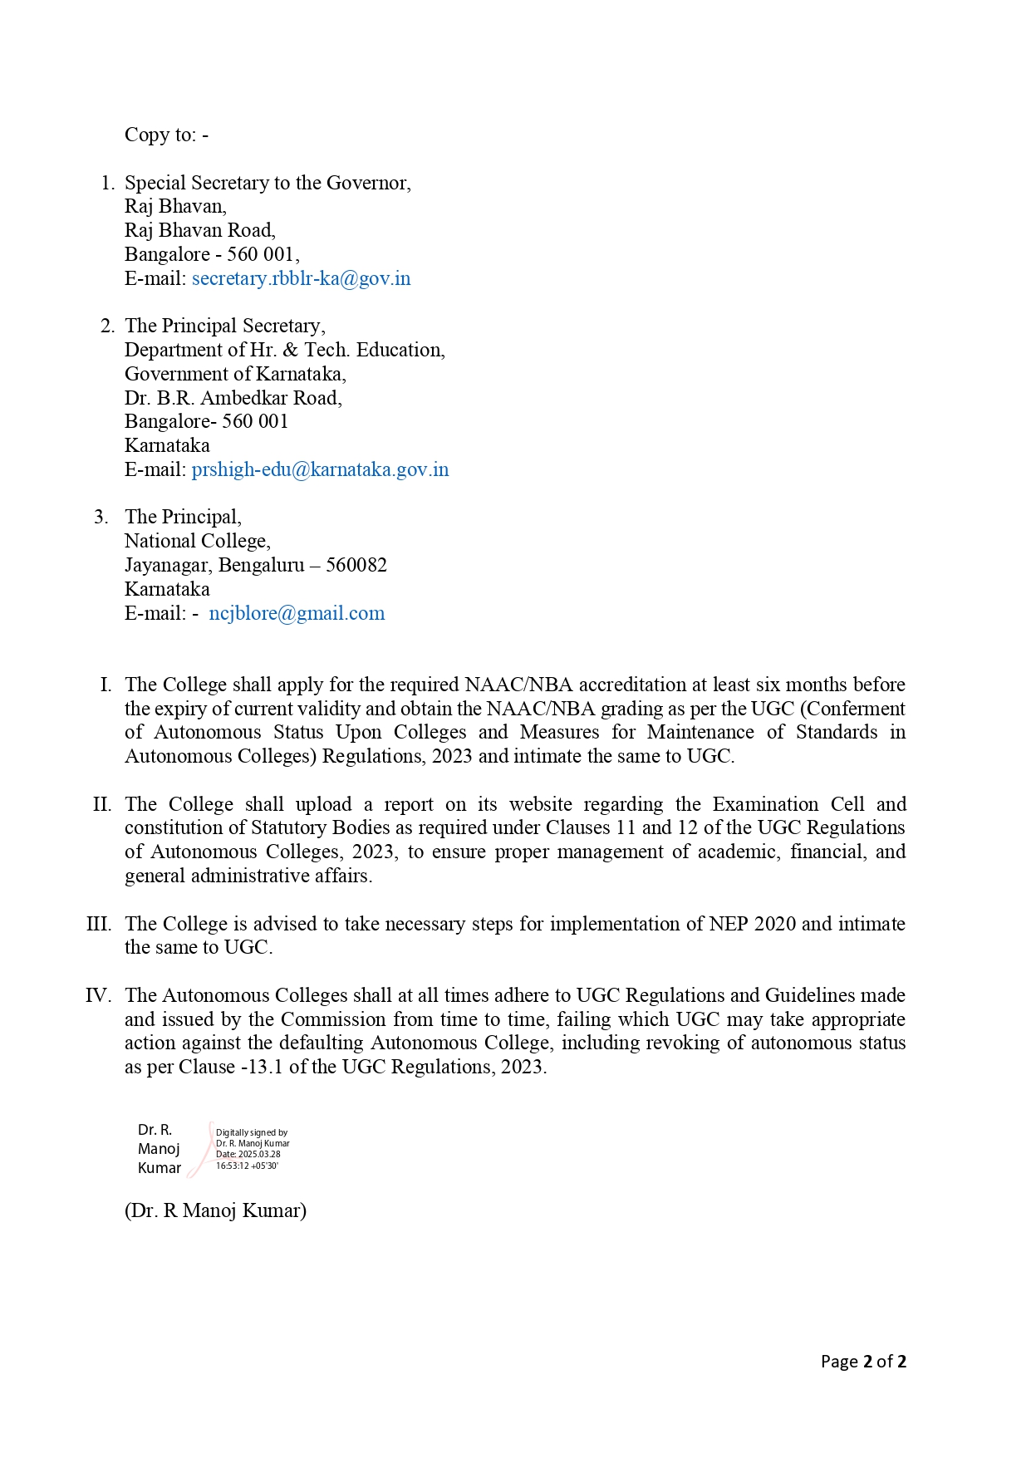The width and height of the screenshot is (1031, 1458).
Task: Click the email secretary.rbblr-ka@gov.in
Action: [301, 278]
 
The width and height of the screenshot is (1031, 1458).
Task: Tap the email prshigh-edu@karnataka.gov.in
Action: [320, 469]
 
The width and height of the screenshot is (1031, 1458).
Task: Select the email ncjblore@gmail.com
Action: [297, 613]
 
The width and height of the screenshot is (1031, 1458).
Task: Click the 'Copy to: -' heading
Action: [166, 135]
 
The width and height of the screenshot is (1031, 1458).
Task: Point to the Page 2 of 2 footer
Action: [863, 1361]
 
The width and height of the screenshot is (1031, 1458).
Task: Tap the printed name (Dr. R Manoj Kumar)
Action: [215, 1210]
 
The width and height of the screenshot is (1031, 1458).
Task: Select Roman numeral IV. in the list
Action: [98, 995]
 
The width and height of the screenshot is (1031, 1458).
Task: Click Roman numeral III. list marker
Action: [99, 924]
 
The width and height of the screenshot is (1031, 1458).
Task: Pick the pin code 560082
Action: [356, 565]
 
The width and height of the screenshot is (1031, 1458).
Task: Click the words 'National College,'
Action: [198, 541]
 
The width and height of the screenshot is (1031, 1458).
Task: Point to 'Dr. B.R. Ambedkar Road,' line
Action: [233, 398]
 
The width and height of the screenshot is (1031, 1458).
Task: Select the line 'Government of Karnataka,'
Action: [235, 374]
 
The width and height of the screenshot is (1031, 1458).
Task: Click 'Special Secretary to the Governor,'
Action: [268, 183]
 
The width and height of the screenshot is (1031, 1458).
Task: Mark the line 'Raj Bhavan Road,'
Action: [200, 230]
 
